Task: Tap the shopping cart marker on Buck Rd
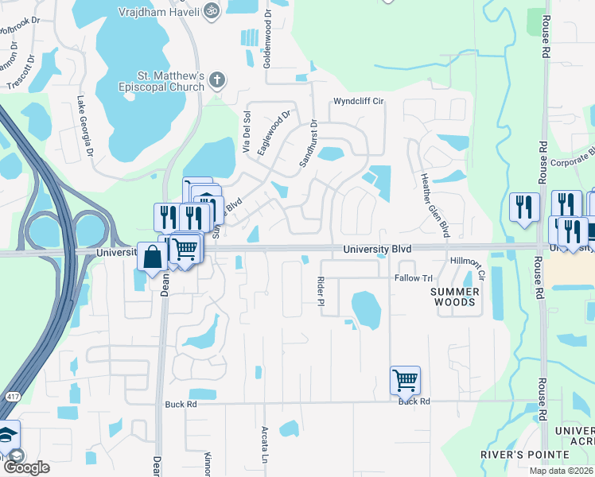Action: point(405,381)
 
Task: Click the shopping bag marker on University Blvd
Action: point(152,257)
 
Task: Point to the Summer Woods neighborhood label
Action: point(454,297)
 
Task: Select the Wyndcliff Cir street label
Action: point(358,102)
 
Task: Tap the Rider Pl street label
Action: point(321,295)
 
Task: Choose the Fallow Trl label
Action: point(413,278)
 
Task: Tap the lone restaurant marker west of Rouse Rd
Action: point(523,207)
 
